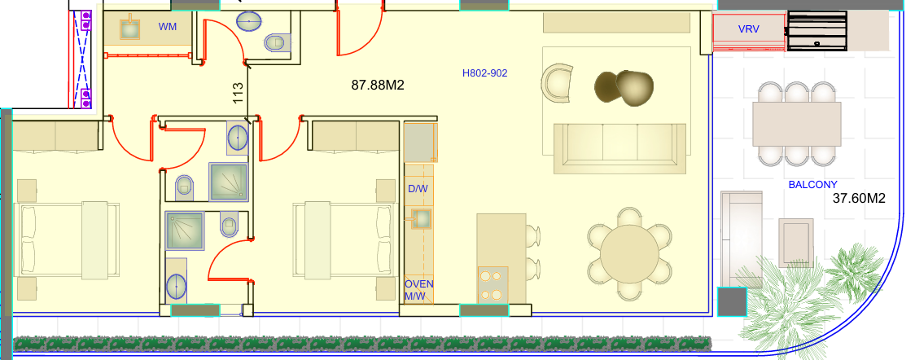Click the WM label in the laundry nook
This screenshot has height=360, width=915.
click(167, 26)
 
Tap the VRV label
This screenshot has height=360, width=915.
click(748, 29)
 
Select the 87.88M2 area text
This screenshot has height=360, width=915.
click(378, 86)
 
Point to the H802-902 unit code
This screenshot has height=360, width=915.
click(484, 73)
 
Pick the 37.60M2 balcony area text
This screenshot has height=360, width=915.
click(859, 199)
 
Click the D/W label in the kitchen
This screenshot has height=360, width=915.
click(418, 189)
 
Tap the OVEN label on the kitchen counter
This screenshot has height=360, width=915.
click(419, 284)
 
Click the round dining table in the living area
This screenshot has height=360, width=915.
click(629, 254)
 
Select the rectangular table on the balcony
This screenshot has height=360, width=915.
click(796, 124)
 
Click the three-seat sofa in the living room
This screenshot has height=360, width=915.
click(619, 148)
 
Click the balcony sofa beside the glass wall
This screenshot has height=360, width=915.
click(742, 238)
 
